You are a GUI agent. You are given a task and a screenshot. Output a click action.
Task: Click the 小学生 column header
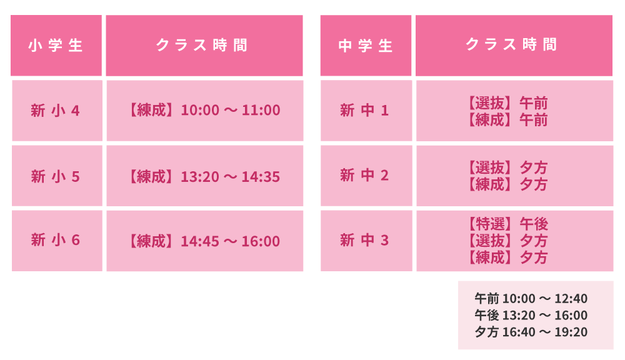[x=56, y=46]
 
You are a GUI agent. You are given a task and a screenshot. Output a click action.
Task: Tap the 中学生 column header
[x=365, y=46]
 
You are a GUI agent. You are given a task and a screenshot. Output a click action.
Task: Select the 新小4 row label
[x=55, y=111]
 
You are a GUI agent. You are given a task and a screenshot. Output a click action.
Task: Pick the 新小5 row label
[x=55, y=176]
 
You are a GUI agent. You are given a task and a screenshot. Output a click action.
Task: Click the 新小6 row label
[x=55, y=240]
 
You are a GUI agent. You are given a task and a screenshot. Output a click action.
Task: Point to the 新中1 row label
[x=364, y=110]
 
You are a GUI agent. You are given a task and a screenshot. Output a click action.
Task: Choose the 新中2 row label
[x=364, y=175]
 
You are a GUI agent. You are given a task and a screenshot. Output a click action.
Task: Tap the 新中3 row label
[x=364, y=240]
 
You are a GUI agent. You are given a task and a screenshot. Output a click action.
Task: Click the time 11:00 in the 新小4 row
[x=261, y=110]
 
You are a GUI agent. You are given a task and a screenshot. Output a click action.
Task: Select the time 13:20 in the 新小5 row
[x=200, y=177]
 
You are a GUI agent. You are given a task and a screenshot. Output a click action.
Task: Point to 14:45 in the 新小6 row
[x=200, y=241]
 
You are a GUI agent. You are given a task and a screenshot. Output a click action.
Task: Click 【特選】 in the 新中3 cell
[x=490, y=224]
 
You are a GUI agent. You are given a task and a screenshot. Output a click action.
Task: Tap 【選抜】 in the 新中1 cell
[x=490, y=103]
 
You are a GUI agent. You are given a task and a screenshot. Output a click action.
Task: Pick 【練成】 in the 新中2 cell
[x=490, y=184]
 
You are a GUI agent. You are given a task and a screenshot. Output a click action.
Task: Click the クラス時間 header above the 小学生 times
[x=202, y=45]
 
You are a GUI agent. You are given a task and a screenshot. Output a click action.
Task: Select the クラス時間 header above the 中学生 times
[x=512, y=44]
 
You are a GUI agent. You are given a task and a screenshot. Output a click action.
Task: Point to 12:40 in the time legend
[x=571, y=299]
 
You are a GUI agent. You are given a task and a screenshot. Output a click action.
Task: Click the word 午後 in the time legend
[x=487, y=316]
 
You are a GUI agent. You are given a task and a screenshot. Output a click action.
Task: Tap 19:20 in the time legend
[x=571, y=332]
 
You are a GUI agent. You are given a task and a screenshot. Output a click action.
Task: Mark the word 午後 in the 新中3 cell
[x=534, y=224]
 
